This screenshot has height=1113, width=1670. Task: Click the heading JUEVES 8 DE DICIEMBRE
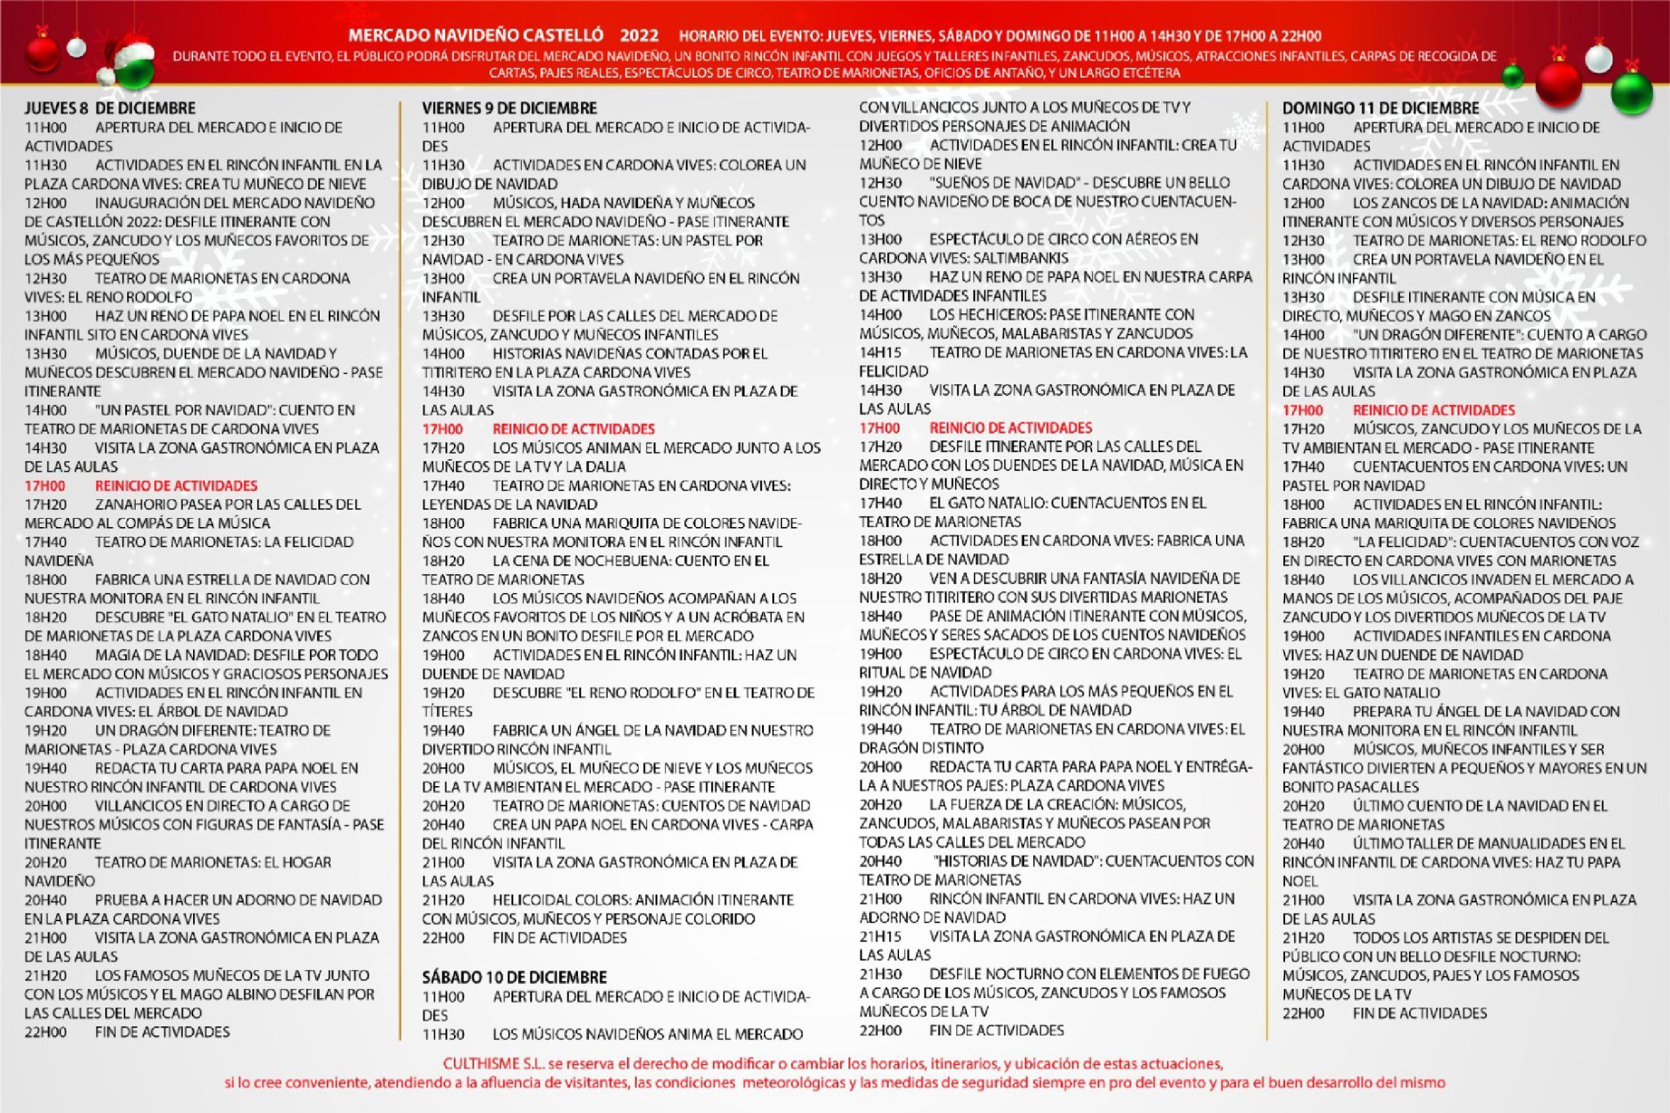tap(110, 108)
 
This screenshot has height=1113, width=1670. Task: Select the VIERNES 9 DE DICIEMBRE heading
tap(509, 108)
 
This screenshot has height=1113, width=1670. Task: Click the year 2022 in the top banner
tap(639, 36)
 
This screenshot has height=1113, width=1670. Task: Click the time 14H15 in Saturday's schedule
tap(881, 353)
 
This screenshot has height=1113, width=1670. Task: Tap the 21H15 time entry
tap(881, 936)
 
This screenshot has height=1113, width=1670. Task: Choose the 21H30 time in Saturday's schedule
tap(881, 974)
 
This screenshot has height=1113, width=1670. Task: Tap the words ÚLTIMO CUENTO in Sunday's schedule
tap(1407, 806)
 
